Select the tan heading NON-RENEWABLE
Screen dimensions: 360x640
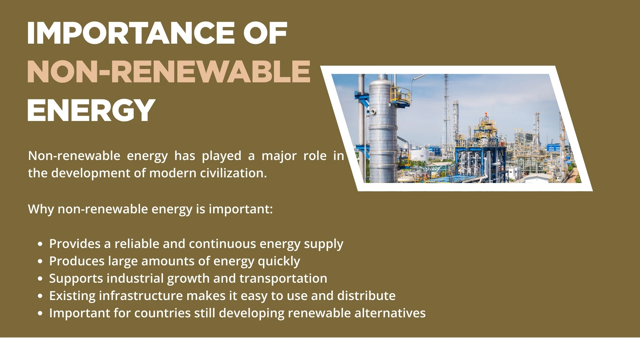click(x=169, y=72)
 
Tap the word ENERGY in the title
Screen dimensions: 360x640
click(x=91, y=110)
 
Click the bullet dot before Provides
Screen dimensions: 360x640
click(x=40, y=244)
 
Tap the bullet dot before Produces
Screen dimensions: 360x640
click(x=40, y=261)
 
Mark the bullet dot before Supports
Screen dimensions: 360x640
click(x=40, y=279)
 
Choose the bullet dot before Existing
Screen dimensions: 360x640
click(x=40, y=296)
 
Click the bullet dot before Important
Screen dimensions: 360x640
click(x=40, y=313)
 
